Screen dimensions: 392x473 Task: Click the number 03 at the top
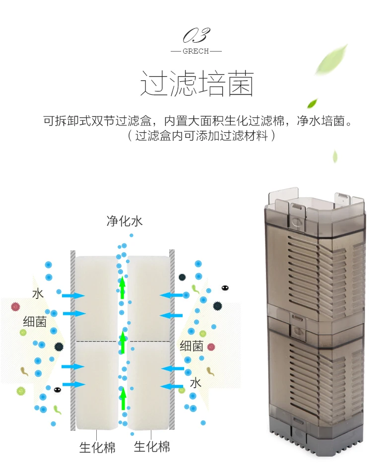(196, 36)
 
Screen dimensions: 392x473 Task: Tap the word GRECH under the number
(196, 51)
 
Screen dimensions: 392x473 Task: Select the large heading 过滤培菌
(196, 83)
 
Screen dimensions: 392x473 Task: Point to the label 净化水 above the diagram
(125, 221)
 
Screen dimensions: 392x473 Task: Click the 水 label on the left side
(38, 294)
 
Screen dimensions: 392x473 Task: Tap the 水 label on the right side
(196, 382)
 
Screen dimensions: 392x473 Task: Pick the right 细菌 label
(191, 346)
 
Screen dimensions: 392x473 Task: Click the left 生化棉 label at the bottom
(97, 447)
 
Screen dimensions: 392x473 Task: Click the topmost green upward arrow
(123, 288)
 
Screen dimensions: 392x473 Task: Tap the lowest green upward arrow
(123, 400)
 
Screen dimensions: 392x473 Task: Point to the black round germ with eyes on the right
(225, 288)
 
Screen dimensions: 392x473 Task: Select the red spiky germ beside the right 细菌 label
(211, 347)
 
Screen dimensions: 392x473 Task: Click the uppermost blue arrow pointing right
(73, 296)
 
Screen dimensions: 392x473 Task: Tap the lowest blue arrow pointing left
(172, 386)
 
